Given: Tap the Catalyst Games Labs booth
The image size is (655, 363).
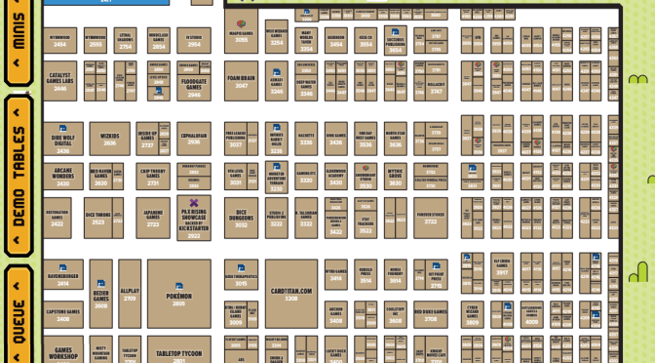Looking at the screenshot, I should [x=60, y=81].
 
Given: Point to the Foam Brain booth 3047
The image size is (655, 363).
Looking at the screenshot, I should [x=241, y=80].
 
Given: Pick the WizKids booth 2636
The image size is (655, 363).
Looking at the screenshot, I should [x=109, y=140].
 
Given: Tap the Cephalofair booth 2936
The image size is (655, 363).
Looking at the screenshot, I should [x=194, y=140].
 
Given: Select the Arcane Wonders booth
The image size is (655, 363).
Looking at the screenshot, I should [x=62, y=177].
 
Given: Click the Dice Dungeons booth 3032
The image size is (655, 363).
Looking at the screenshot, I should [x=241, y=216].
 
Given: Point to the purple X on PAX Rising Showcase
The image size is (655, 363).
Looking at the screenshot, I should [x=194, y=203].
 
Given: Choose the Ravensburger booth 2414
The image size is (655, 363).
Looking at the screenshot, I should [x=62, y=278].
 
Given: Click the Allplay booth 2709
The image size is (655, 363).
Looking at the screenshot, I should [x=130, y=294].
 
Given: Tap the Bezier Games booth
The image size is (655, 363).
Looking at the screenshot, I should [x=101, y=294].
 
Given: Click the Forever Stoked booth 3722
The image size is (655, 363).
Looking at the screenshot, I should [x=430, y=216].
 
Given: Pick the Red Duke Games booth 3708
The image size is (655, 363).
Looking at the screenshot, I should [x=430, y=314].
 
